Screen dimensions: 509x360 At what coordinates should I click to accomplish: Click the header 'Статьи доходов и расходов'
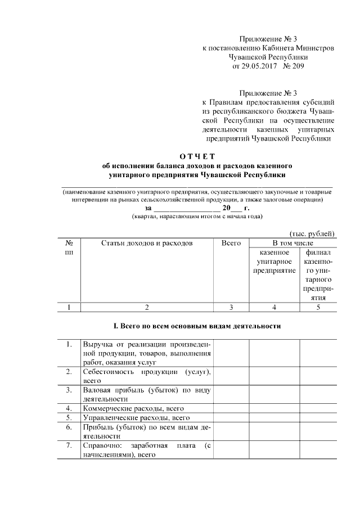(x=147, y=243)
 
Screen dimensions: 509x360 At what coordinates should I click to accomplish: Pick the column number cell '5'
(x=318, y=307)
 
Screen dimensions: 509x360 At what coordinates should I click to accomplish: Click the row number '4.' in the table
(x=69, y=408)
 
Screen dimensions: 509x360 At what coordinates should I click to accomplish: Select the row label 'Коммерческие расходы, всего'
(x=133, y=408)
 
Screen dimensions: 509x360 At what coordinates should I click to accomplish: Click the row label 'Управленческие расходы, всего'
(x=136, y=417)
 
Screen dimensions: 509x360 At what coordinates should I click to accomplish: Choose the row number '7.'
(x=69, y=446)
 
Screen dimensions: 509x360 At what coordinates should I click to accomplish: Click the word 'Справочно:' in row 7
(x=102, y=446)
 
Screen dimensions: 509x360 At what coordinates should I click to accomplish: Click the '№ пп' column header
(x=69, y=248)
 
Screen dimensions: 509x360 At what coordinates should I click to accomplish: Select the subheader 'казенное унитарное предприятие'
(x=273, y=262)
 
